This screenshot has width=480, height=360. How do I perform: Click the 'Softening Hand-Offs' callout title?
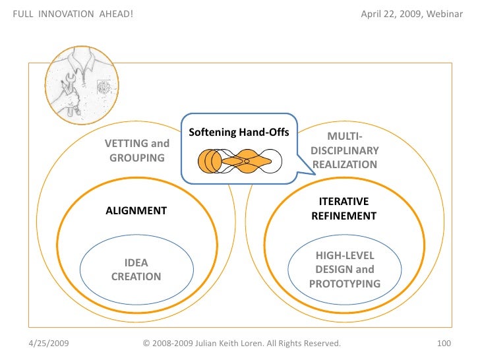(x=239, y=133)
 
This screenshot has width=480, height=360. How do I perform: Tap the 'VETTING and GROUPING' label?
(x=137, y=150)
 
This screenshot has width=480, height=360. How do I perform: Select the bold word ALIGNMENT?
(x=136, y=211)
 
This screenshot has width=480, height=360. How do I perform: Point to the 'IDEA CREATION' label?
(x=136, y=270)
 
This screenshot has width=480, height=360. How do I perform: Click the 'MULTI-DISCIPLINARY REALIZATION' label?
(x=344, y=150)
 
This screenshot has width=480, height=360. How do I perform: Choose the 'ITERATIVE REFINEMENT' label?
(x=344, y=208)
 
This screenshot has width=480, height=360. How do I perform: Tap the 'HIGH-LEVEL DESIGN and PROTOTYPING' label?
(x=344, y=270)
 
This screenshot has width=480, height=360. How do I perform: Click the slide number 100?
(x=444, y=344)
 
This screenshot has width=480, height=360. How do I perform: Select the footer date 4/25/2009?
(x=51, y=344)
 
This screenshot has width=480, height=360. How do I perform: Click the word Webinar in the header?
(x=446, y=15)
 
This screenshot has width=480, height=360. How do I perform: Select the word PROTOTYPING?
(x=344, y=284)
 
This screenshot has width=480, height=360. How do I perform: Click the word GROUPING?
(x=137, y=158)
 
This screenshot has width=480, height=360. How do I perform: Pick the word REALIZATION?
(x=344, y=165)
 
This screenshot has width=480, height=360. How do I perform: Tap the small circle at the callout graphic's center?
(x=247, y=161)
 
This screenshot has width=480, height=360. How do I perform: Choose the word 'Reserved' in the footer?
(x=322, y=344)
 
